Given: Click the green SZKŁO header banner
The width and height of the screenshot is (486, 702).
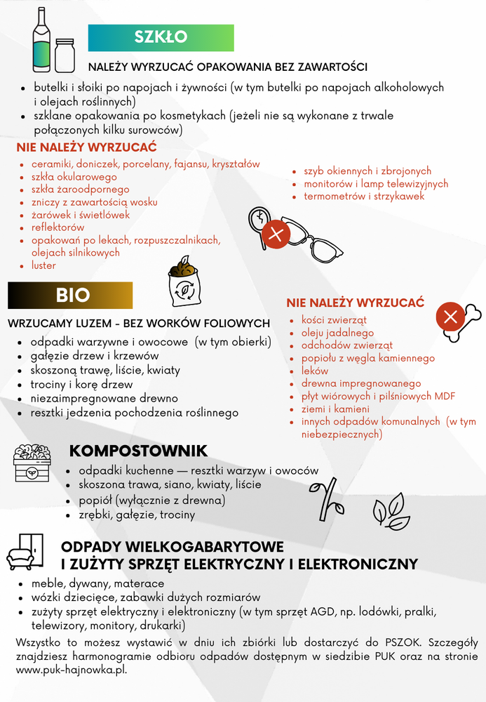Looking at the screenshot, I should [161, 37].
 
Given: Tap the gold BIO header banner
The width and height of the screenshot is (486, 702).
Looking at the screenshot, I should [70, 295].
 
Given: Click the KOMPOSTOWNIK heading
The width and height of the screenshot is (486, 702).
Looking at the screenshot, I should [138, 451].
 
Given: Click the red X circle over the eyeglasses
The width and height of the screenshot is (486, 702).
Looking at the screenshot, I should [276, 233].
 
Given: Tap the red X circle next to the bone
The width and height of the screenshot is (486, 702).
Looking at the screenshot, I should [450, 317].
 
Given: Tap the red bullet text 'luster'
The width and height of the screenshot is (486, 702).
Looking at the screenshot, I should [43, 265].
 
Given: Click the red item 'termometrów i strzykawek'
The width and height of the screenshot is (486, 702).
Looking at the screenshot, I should [364, 197].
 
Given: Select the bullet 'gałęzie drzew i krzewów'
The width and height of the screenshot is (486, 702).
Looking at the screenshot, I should [94, 356].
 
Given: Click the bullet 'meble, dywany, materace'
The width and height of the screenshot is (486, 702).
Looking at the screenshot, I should [97, 583].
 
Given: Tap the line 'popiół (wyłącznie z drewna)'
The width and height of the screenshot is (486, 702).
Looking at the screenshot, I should [151, 501].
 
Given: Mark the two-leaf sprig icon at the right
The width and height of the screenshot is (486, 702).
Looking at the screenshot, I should [391, 510].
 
